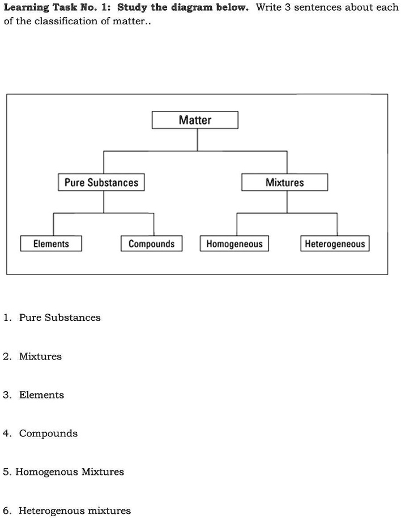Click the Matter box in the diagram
[195, 120]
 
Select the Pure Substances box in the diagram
[101, 182]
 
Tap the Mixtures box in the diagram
[284, 182]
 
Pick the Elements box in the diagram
[51, 243]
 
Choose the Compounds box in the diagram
[151, 243]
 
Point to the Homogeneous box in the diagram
[234, 243]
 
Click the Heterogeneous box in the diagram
[335, 243]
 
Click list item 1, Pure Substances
[59, 318]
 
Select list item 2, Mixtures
[40, 357]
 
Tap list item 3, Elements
[41, 395]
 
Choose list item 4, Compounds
[48, 434]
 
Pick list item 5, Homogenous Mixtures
[70, 472]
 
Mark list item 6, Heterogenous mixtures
[74, 511]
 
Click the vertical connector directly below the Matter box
[197, 140]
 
